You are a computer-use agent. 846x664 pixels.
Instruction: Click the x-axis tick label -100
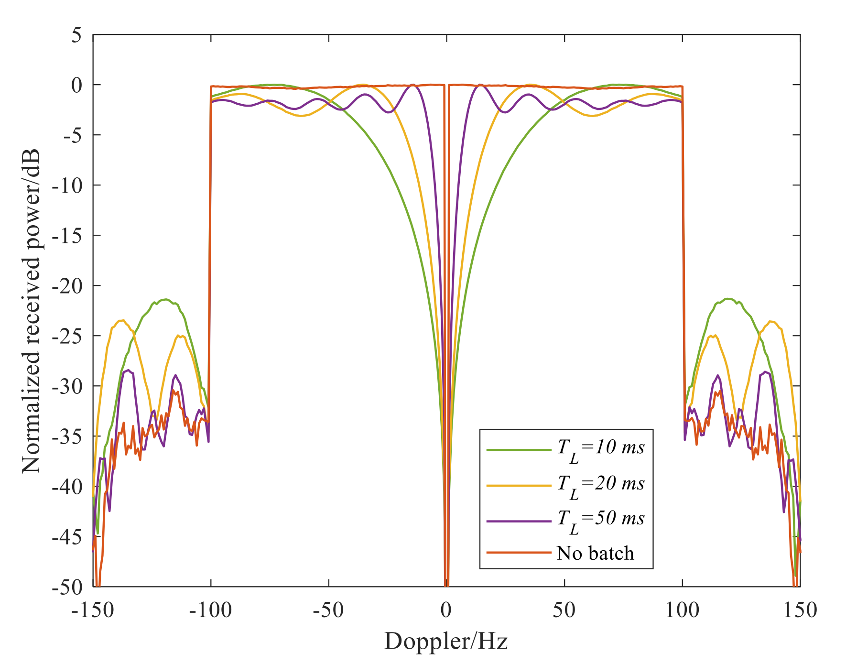click(210, 610)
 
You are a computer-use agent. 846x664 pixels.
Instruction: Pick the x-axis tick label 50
click(564, 610)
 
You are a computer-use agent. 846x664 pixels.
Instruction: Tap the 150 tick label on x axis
click(800, 610)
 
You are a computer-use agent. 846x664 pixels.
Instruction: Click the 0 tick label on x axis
click(446, 610)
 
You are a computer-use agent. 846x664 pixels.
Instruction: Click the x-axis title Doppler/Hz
click(445, 642)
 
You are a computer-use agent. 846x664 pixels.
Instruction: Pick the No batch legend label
click(595, 554)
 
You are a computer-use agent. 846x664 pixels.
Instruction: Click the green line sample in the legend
click(519, 450)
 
